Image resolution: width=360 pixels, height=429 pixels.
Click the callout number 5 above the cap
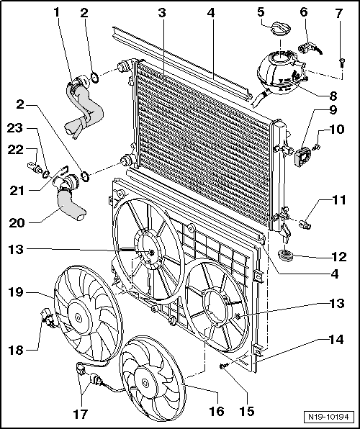[x=261, y=12]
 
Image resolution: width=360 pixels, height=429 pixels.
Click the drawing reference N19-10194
[x=328, y=417]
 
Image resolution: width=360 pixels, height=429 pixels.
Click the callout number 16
[x=217, y=411]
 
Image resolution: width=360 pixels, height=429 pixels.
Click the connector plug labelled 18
[x=48, y=318]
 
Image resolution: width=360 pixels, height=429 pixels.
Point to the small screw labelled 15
[x=224, y=366]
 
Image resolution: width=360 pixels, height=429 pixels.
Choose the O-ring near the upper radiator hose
[x=94, y=78]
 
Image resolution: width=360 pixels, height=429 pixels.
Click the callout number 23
[x=15, y=127]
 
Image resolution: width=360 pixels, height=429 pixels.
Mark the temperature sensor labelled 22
[x=35, y=168]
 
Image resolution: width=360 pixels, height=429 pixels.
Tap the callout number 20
[x=17, y=222]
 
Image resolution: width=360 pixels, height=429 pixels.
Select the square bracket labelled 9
[x=302, y=158]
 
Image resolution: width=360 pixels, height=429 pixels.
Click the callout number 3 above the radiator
[x=162, y=12]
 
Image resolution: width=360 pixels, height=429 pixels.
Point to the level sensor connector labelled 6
[x=307, y=48]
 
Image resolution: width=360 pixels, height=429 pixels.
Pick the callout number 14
[x=336, y=340]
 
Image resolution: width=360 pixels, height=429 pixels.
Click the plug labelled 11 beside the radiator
[x=305, y=225]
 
